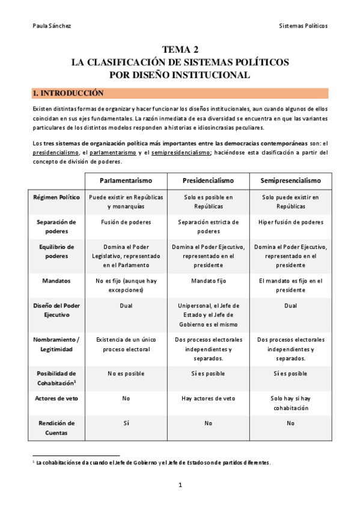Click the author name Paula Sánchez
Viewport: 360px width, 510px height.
point(47,26)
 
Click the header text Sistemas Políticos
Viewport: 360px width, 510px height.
point(304,26)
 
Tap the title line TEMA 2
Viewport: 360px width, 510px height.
point(180,50)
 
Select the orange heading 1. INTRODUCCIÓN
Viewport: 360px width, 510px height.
point(69,94)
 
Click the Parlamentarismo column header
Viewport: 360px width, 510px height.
point(126,180)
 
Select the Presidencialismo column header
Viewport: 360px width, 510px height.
point(208,180)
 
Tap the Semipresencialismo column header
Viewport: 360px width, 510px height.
point(290,180)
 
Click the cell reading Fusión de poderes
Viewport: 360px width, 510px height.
point(126,222)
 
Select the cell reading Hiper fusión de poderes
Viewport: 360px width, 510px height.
point(290,222)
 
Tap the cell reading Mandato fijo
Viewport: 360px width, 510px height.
point(208,280)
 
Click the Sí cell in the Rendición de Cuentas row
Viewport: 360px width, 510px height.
point(126,423)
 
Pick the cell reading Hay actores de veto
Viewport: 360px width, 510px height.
point(208,398)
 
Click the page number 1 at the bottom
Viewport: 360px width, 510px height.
point(180,485)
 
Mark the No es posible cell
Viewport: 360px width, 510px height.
point(126,373)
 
